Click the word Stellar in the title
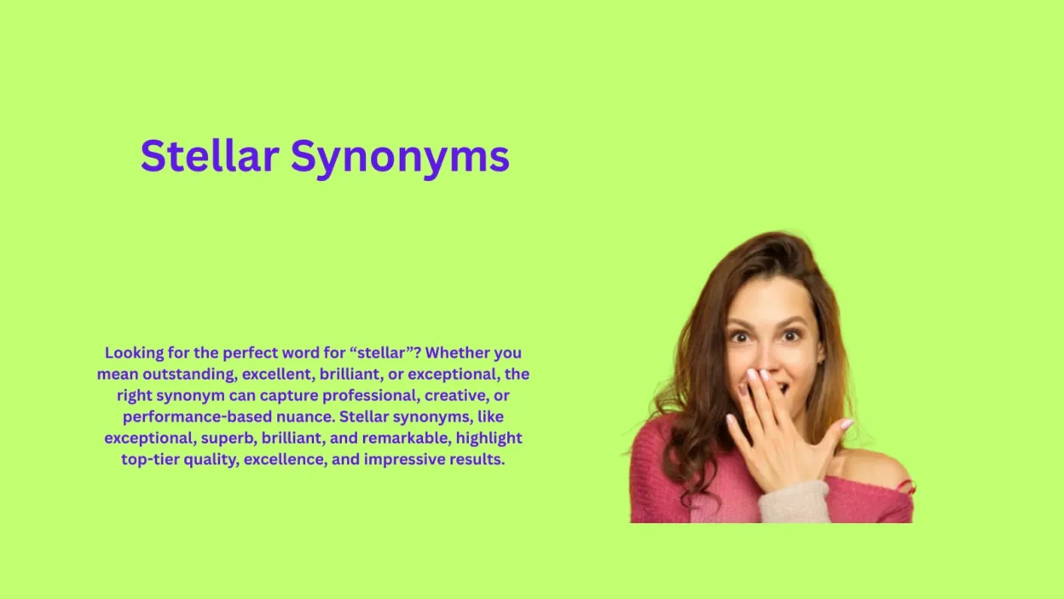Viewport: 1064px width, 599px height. pos(210,156)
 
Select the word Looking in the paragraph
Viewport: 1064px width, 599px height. pos(135,352)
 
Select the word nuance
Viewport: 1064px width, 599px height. pos(305,416)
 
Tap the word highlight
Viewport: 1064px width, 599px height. pos(489,438)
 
